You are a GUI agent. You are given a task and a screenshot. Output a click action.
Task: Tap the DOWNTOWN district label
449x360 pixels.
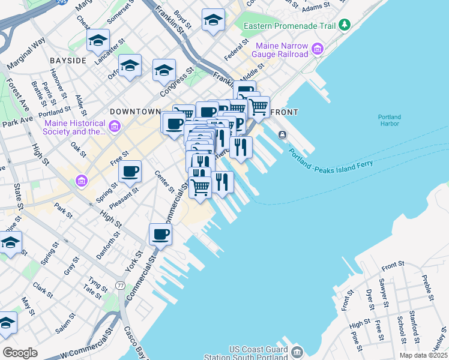(135, 112)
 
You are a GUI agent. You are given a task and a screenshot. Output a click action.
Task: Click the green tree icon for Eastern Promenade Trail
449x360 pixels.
(344, 25)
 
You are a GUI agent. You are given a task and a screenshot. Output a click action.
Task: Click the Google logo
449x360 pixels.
(20, 352)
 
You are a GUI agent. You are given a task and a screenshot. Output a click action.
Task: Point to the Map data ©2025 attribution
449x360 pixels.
(423, 355)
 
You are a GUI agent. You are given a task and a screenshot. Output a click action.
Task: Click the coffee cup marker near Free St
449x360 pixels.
(130, 172)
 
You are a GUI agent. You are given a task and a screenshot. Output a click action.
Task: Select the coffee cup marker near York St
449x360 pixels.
(160, 234)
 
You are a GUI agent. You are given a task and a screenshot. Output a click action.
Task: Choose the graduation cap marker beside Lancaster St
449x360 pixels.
(98, 40)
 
